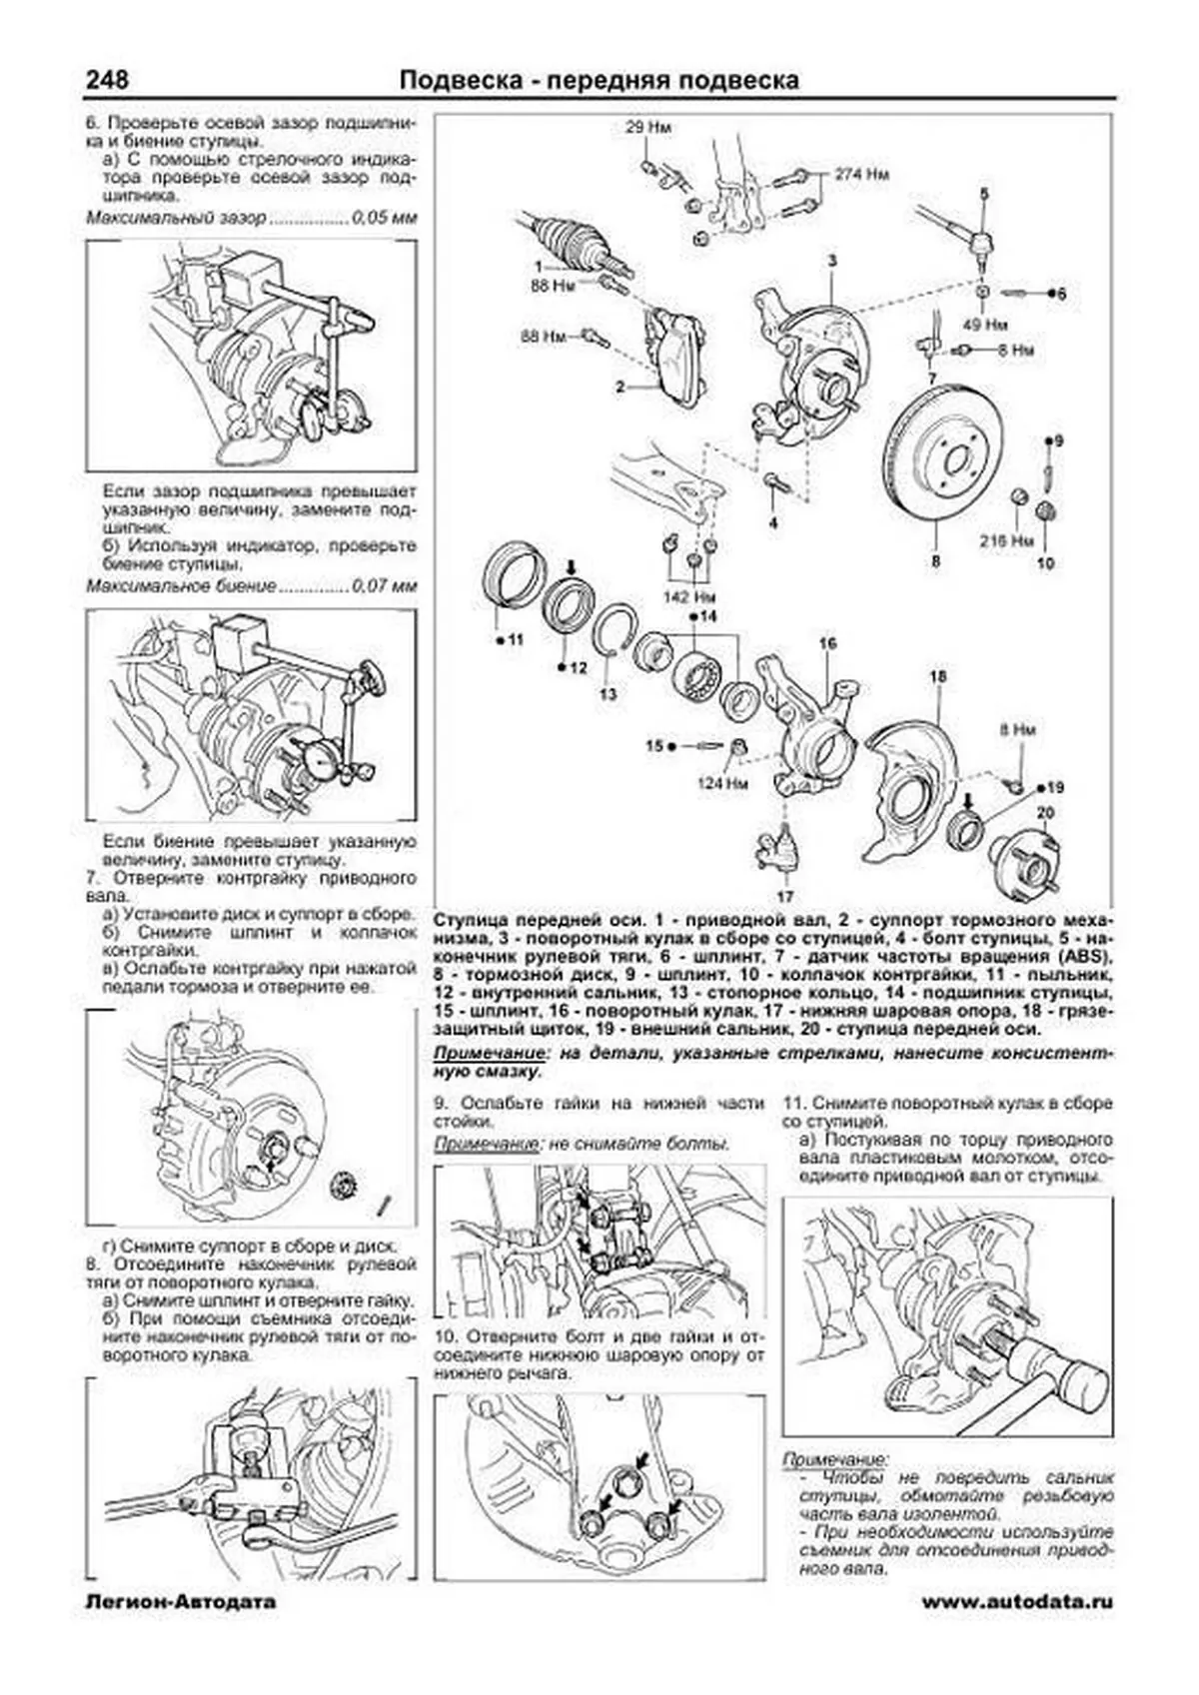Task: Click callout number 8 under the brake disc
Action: [x=935, y=561]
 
